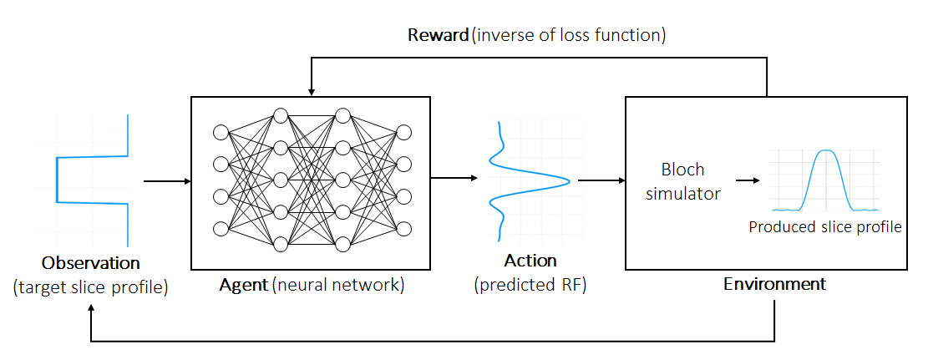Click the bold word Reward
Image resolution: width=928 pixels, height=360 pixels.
coord(438,36)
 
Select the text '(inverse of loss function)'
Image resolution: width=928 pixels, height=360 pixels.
coord(569,36)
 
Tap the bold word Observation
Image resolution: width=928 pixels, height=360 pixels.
coord(91,263)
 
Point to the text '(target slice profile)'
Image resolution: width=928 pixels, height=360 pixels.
coord(91,288)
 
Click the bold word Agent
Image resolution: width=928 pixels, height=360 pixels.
coord(243,285)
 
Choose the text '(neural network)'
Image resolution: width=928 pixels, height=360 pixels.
coord(338,285)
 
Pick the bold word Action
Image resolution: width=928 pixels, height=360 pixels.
coord(530,261)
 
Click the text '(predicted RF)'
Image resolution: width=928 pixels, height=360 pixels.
coord(530,285)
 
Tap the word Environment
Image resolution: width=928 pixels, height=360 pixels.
coord(774,284)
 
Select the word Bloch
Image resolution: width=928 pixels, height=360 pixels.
coord(682,170)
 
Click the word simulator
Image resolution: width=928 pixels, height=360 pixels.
coord(682,194)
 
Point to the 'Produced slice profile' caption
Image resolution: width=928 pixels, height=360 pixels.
coord(825,226)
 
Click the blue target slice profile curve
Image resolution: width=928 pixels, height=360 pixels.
coord(57,179)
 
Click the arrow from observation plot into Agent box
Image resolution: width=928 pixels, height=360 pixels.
coord(165,180)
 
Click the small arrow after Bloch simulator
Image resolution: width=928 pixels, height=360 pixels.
coord(748,180)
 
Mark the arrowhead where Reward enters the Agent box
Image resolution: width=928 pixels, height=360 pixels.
coord(312,90)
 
